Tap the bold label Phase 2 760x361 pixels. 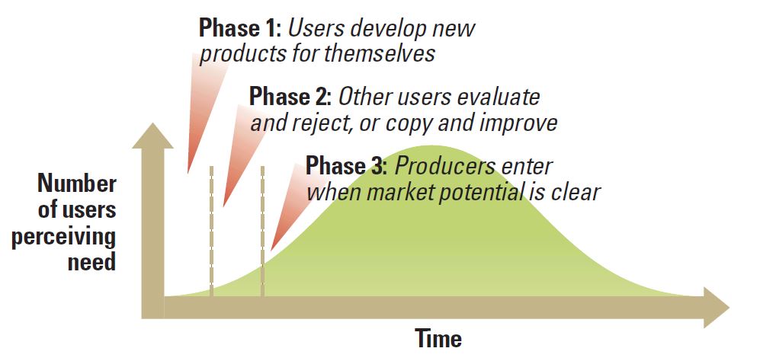pos(290,97)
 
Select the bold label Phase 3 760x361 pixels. pos(346,166)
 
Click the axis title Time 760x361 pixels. pos(438,337)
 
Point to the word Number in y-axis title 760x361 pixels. pos(77,184)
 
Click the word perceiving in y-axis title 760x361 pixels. pos(63,237)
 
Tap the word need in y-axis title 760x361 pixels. pos(91,262)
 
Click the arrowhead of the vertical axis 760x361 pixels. pos(152,136)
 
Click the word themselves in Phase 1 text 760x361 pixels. pos(380,53)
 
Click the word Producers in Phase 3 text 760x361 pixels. pos(444,166)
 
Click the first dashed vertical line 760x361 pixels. pos(211,231)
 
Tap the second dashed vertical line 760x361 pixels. pos(262,231)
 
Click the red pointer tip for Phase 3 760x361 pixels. pos(271,250)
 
